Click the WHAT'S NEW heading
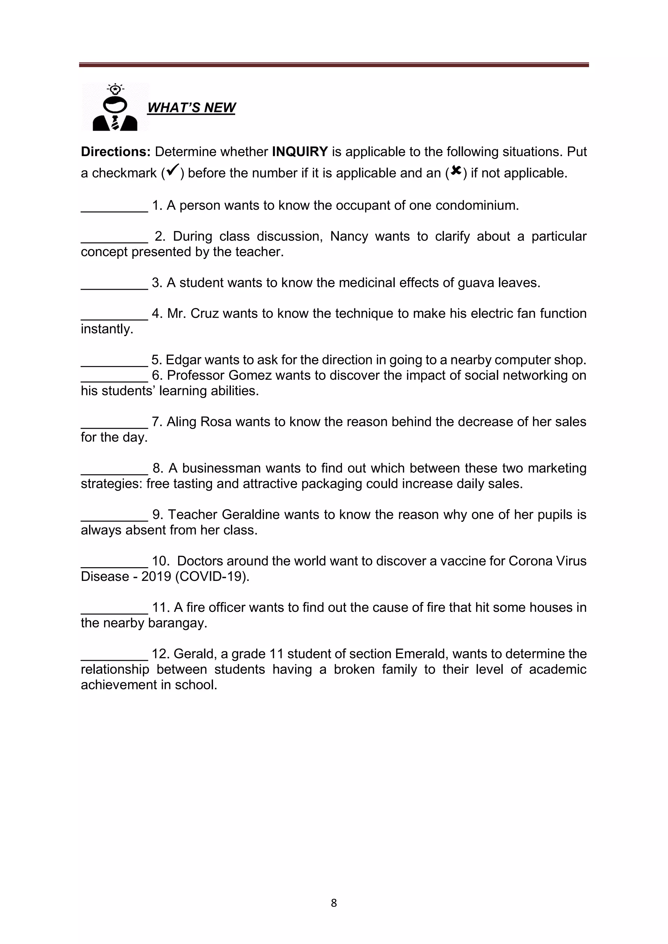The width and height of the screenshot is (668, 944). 191,108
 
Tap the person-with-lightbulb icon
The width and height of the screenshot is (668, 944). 115,108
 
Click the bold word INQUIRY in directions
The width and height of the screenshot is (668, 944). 299,152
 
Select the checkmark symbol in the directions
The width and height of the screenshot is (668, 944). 173,170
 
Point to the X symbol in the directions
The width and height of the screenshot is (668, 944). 455,170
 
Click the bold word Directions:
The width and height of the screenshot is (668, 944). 115,152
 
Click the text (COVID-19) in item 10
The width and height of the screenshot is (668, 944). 212,576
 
